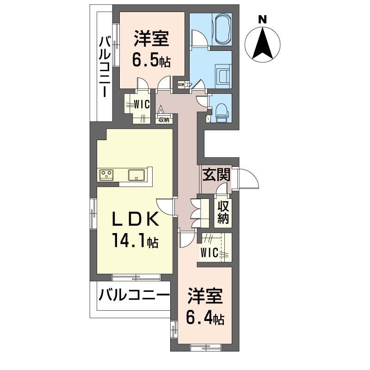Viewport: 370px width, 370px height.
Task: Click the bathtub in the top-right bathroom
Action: (222, 29)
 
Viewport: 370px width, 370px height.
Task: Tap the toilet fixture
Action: (222, 113)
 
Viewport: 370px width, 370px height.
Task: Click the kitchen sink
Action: (136, 175)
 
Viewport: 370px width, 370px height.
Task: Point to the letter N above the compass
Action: (262, 19)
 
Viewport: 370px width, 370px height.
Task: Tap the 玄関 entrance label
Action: (216, 175)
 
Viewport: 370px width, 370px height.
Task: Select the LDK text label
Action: (135, 219)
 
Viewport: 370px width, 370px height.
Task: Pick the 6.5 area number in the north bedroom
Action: (145, 60)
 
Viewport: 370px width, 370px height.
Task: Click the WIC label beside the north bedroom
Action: (142, 105)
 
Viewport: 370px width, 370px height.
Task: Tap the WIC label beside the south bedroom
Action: (209, 253)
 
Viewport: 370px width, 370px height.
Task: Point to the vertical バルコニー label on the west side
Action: (105, 67)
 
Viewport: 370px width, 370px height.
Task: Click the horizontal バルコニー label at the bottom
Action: (134, 295)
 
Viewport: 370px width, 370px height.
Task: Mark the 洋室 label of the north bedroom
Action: (152, 38)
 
